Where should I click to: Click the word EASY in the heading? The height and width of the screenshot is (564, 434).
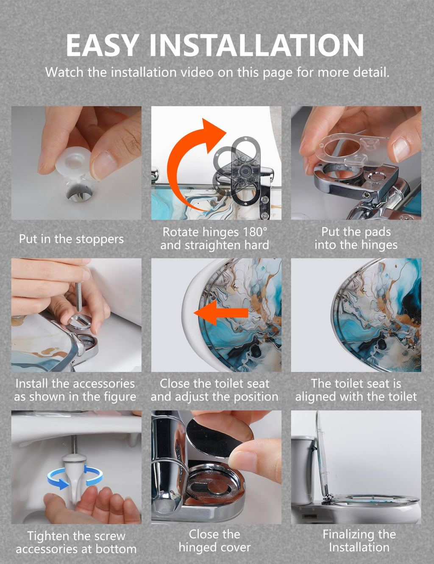103,45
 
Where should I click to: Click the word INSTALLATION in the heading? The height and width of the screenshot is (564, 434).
257,45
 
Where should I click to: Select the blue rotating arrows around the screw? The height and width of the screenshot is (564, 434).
75,477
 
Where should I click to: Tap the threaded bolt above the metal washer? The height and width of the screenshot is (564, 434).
79,297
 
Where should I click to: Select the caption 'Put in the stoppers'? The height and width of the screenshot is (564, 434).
71,239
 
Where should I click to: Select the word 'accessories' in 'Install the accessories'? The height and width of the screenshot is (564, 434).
104,384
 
